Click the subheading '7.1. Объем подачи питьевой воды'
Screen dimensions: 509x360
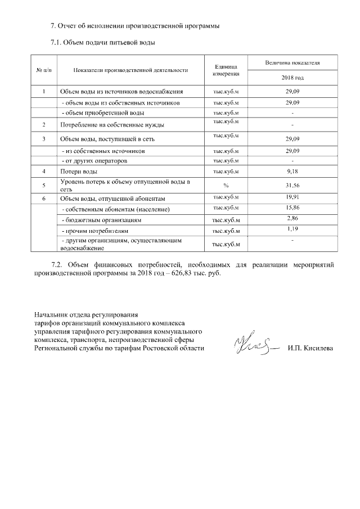pyautogui.click(x=102, y=42)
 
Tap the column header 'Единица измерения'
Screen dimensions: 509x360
pyautogui.click(x=227, y=70)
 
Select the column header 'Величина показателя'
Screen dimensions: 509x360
pyautogui.click(x=292, y=63)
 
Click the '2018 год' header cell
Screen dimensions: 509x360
pyautogui.click(x=292, y=77)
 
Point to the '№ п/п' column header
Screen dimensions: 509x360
pyautogui.click(x=44, y=70)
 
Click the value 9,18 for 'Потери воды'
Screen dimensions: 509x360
pyautogui.click(x=292, y=170)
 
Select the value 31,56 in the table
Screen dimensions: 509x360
pyautogui.click(x=292, y=185)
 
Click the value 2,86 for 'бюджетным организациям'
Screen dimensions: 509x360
pyautogui.click(x=292, y=218)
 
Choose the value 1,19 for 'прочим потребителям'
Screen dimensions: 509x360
pyautogui.click(x=292, y=229)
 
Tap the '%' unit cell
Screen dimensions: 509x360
pyautogui.click(x=226, y=185)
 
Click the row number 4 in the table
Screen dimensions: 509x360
pyautogui.click(x=44, y=171)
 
